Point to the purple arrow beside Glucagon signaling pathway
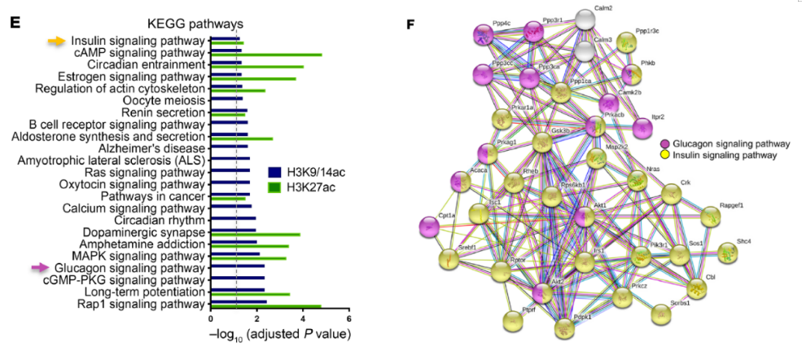tap(40, 266)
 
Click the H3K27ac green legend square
tap(274, 187)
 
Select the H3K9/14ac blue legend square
tap(274, 173)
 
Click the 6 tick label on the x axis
tap(349, 319)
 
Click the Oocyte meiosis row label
tap(167, 100)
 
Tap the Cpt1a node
tap(430, 230)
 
